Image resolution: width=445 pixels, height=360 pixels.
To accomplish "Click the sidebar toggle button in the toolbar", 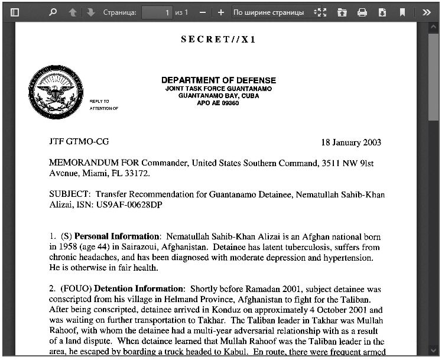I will [x=15, y=12].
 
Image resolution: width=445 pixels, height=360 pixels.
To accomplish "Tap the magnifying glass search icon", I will [x=53, y=12].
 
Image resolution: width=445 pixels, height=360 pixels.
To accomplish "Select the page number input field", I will [x=157, y=12].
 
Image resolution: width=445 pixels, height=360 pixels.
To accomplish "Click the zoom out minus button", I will [x=203, y=12].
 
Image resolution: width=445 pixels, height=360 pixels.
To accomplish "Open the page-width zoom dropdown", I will [x=271, y=12].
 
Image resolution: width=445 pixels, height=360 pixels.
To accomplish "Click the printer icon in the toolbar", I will [x=362, y=12].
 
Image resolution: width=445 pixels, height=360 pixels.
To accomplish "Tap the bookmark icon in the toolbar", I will [x=402, y=12].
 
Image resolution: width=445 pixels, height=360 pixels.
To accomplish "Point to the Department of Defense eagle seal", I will [x=56, y=93].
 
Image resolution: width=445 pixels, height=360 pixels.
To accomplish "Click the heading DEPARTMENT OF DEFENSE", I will [x=218, y=80].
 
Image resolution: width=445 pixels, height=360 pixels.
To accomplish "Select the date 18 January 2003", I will [x=351, y=142].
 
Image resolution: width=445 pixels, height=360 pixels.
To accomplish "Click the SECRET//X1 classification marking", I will [x=218, y=40].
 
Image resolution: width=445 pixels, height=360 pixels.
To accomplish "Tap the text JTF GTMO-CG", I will [x=79, y=142].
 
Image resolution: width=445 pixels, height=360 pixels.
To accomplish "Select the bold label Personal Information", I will [x=116, y=236].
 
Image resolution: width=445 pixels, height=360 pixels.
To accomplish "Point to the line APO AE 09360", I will [x=218, y=103].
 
